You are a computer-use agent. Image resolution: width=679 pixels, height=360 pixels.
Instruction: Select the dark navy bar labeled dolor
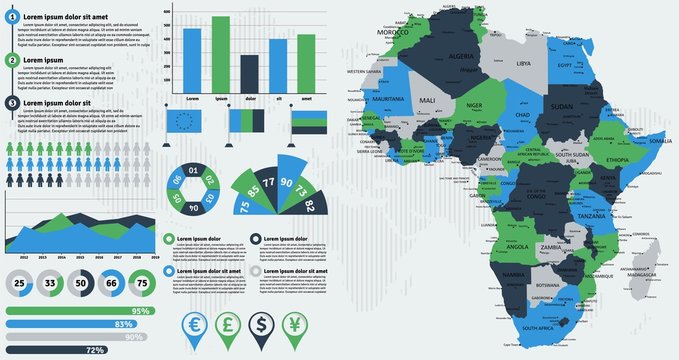[x=248, y=74]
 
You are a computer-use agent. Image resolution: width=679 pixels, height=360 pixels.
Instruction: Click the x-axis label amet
[x=306, y=99]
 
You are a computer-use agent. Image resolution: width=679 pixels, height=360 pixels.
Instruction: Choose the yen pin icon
[x=296, y=326]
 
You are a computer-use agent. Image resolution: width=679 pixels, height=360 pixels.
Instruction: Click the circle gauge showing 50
[x=82, y=284]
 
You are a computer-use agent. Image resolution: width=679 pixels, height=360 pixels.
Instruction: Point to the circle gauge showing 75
[x=145, y=284]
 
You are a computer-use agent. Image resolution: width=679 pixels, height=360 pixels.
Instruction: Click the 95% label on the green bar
[x=141, y=311]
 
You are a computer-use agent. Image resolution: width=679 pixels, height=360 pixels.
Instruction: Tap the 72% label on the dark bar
[x=96, y=350]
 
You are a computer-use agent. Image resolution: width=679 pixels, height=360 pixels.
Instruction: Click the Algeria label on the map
[x=461, y=57]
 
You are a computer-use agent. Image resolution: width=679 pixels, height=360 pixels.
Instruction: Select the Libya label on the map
[x=523, y=63]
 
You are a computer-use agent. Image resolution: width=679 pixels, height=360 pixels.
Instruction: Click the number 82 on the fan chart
[x=310, y=206]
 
